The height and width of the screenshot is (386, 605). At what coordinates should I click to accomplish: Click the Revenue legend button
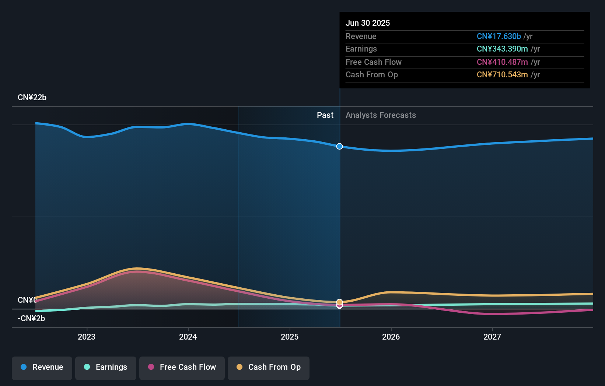[42, 367]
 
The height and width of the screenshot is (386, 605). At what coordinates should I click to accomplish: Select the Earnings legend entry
[106, 367]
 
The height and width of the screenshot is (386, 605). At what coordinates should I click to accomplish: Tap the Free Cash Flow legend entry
[182, 367]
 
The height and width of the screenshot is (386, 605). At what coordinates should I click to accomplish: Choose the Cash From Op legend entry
[269, 367]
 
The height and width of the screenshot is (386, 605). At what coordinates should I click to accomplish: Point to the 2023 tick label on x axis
[87, 337]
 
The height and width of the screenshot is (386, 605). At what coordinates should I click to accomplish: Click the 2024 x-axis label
[188, 337]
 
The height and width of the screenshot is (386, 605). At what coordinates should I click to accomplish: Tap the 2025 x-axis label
[290, 337]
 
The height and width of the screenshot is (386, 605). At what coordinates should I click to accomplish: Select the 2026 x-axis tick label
[391, 337]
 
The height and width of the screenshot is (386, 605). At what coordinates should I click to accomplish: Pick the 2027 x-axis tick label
[492, 337]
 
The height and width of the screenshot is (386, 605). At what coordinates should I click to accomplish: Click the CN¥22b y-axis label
[32, 98]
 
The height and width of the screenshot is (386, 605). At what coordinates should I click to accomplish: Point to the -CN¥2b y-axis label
[31, 319]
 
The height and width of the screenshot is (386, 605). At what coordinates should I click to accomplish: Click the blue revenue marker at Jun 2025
[339, 146]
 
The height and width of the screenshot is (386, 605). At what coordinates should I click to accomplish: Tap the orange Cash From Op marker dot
[339, 302]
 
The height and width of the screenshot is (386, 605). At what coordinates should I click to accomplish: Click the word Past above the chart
[325, 115]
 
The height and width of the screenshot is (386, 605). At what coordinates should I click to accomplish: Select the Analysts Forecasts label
[381, 115]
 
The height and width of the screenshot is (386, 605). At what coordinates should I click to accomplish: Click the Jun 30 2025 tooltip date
[368, 23]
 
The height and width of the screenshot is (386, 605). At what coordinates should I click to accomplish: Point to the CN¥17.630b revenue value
[499, 36]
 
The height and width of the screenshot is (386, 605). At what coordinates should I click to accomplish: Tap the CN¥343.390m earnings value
[502, 49]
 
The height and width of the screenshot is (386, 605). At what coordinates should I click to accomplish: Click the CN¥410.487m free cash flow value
[502, 62]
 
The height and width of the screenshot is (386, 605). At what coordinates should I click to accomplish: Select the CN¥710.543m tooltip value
[502, 75]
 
